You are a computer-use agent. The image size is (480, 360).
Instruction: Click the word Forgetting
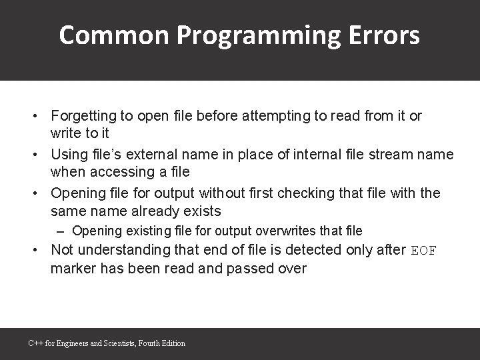[83, 116]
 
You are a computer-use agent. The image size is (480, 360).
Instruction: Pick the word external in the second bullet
[167, 155]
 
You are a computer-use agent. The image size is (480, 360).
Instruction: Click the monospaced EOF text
[423, 251]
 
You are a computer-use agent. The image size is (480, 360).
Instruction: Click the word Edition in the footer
[172, 343]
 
